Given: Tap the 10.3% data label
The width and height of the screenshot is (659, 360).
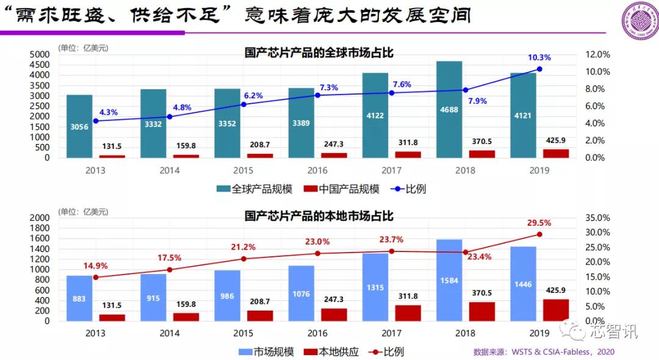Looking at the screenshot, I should pyautogui.click(x=539, y=58).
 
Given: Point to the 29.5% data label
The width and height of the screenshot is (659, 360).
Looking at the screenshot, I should pyautogui.click(x=539, y=223).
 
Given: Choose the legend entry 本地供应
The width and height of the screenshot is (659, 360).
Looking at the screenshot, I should pyautogui.click(x=333, y=352).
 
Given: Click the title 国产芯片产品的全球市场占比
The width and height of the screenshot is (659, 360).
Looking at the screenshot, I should pyautogui.click(x=319, y=53).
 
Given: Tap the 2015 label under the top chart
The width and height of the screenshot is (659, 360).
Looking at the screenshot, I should pyautogui.click(x=243, y=170).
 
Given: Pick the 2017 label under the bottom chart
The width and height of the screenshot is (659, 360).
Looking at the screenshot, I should pyautogui.click(x=391, y=333).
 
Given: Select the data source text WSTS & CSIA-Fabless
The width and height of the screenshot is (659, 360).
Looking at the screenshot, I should pyautogui.click(x=544, y=352).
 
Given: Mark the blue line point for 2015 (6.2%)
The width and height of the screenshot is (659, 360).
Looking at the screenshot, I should pyautogui.click(x=243, y=104).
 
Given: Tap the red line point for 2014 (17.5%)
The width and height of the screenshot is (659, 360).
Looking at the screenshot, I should pyautogui.click(x=170, y=270).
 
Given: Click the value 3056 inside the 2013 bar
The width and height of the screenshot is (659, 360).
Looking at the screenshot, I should pyautogui.click(x=79, y=127).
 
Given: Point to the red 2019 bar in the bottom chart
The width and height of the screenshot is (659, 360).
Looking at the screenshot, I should pyautogui.click(x=556, y=309).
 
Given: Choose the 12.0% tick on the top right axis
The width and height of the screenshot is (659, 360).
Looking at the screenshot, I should pyautogui.click(x=594, y=54).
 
